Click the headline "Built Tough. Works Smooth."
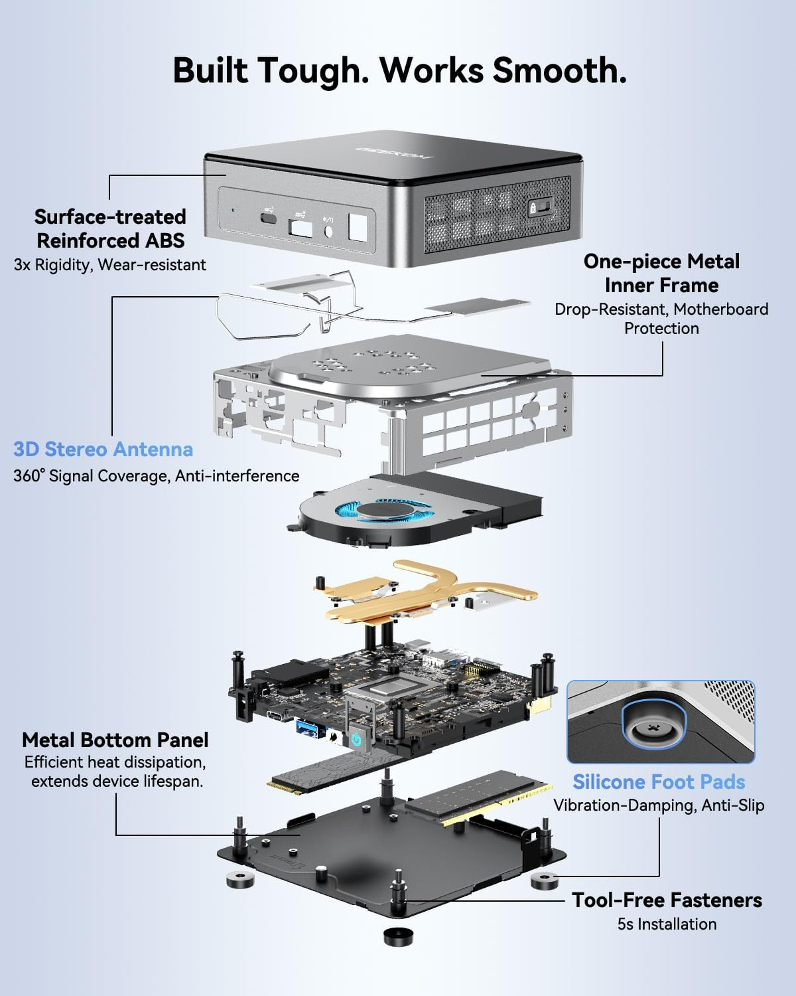pos(399,70)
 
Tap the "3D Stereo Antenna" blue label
pos(103,450)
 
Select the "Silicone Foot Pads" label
pos(659,782)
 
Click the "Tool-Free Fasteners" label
pos(667,900)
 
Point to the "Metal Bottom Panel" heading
pos(115,740)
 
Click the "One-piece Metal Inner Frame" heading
pos(661,273)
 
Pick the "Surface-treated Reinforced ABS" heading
pos(110,228)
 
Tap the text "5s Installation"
pos(667,924)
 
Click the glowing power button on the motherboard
pos(356,739)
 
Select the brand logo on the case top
pos(394,152)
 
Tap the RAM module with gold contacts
pos(478,797)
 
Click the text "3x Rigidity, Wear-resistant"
pos(110,265)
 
